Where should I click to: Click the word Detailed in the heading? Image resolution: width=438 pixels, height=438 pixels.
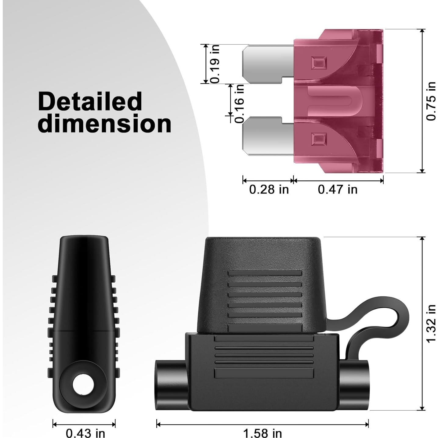90,102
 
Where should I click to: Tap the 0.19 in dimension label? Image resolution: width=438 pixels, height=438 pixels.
215,63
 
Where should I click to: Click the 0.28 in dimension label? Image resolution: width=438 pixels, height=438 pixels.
269,190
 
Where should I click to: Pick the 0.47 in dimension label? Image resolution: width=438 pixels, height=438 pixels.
338,190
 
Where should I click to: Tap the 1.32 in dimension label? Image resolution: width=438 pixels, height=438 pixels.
431,324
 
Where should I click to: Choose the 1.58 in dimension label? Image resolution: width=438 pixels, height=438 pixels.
262,433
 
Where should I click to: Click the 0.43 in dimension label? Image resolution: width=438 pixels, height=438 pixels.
85,433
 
